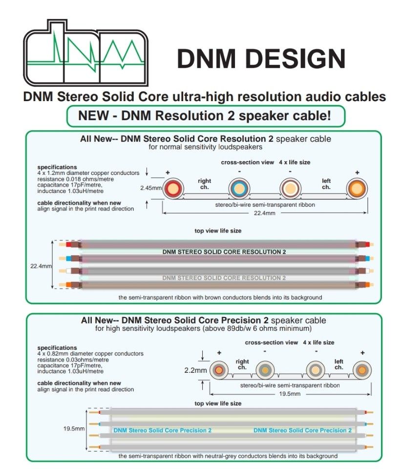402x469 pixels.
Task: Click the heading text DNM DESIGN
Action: coord(261,59)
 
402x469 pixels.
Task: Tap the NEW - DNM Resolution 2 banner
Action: coord(206,116)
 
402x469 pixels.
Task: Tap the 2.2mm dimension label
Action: coord(196,370)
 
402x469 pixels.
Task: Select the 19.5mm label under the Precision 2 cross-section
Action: coord(291,393)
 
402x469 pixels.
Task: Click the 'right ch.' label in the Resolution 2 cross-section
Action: coord(205,184)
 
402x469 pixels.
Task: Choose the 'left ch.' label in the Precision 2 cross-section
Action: coord(339,364)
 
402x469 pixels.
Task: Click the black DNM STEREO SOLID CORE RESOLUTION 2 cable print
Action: coord(224,252)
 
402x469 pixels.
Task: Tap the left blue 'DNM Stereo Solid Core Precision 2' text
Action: coord(163,430)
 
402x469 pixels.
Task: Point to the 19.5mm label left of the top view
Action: coord(74,428)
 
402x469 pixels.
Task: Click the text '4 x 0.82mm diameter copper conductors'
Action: coord(90,353)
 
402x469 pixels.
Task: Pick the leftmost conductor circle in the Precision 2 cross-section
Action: coord(219,370)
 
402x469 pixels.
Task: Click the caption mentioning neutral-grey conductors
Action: coord(228,456)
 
